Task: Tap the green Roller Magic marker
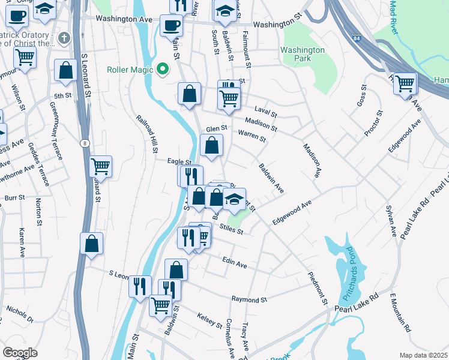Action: pyautogui.click(x=162, y=70)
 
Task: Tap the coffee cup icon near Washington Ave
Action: pyautogui.click(x=171, y=26)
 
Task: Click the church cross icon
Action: pyautogui.click(x=63, y=38)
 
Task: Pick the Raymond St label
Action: pyautogui.click(x=249, y=299)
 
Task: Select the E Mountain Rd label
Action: pyautogui.click(x=400, y=313)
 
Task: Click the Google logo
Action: pyautogui.click(x=20, y=353)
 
